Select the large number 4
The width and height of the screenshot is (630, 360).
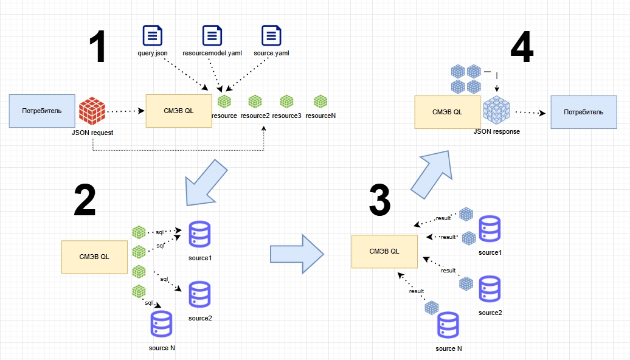522,47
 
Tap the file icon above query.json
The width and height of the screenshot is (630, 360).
152,36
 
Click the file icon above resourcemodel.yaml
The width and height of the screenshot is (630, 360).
212,36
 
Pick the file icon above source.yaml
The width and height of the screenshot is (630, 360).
271,36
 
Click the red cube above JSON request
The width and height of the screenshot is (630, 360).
92,111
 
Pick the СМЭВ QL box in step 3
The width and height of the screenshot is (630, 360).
385,251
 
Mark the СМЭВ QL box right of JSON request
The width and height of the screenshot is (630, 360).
179,110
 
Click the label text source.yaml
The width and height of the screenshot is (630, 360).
271,53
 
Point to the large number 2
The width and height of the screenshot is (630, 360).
85,200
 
